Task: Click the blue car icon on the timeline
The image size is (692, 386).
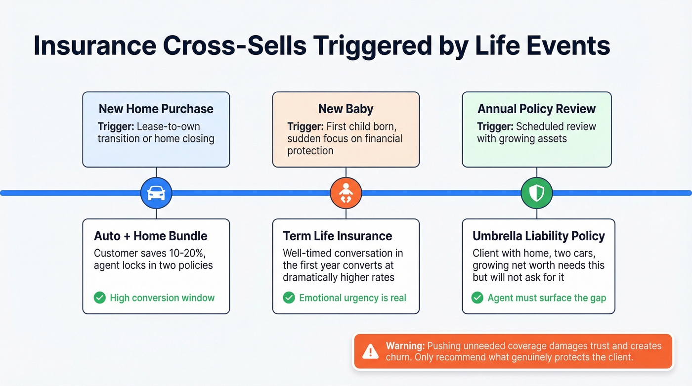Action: (156, 193)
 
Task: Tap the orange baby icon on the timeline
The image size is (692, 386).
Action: (346, 193)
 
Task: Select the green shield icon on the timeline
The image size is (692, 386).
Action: (537, 193)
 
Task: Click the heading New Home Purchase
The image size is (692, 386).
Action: (156, 109)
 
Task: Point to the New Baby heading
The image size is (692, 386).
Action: (346, 109)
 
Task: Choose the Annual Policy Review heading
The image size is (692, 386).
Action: (537, 109)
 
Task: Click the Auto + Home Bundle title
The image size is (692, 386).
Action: (151, 236)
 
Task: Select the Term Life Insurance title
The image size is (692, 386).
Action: (338, 236)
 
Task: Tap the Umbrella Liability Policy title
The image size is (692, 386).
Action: (539, 236)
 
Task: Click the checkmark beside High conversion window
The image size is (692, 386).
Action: (100, 298)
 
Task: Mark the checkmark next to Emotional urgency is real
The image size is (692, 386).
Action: (289, 298)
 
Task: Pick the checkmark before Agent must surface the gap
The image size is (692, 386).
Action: (477, 298)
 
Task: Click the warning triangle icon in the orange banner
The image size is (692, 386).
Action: (370, 351)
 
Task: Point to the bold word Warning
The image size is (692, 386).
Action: (405, 345)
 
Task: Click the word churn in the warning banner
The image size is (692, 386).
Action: (398, 357)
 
